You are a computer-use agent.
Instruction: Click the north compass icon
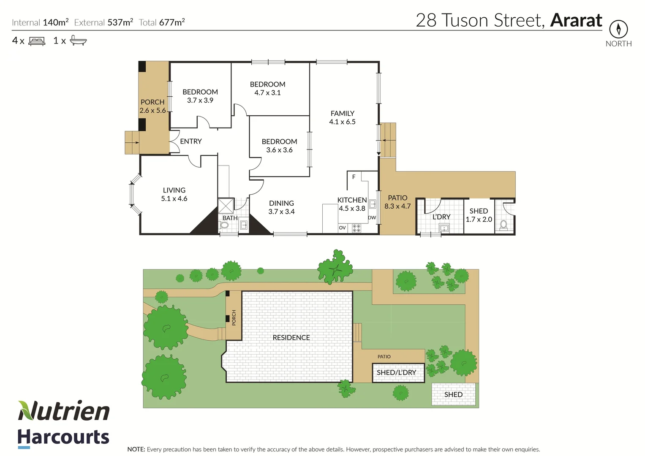click(618, 29)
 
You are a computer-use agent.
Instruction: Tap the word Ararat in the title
click(576, 20)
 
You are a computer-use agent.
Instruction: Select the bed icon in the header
click(37, 41)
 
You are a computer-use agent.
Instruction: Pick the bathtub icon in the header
click(78, 41)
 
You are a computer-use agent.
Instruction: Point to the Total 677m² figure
click(162, 22)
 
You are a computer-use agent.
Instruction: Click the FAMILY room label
click(342, 114)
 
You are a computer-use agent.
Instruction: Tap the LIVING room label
click(174, 190)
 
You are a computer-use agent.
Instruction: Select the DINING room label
click(281, 204)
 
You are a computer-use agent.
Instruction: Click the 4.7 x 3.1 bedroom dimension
click(267, 93)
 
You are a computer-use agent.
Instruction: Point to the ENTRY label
click(191, 141)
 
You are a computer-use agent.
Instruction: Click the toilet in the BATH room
click(224, 225)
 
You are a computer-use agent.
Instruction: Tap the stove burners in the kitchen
click(357, 228)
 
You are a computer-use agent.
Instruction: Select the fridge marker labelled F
click(354, 177)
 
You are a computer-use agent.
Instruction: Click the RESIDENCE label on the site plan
click(291, 338)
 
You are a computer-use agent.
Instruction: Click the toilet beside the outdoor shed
click(503, 225)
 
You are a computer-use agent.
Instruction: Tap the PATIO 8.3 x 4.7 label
click(397, 202)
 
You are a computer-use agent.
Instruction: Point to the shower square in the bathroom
click(226, 206)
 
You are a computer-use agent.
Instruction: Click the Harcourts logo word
click(63, 437)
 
